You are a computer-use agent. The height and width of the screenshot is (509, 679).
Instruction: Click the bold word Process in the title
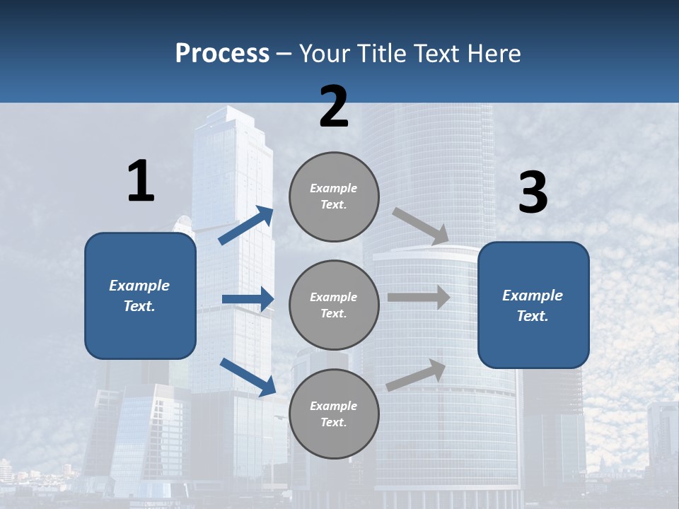pyautogui.click(x=222, y=53)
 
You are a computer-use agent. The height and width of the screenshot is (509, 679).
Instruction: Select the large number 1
pyautogui.click(x=141, y=181)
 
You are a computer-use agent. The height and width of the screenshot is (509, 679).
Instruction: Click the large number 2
pyautogui.click(x=334, y=107)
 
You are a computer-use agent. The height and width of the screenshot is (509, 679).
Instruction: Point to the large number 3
pyautogui.click(x=533, y=193)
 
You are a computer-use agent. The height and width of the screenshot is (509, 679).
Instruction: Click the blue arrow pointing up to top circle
pyautogui.click(x=247, y=225)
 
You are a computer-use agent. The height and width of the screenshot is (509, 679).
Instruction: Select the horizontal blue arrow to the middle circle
pyautogui.click(x=248, y=299)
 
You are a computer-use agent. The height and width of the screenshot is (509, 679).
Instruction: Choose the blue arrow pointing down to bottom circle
pyautogui.click(x=248, y=376)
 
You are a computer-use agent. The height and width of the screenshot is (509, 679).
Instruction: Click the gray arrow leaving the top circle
pyautogui.click(x=422, y=226)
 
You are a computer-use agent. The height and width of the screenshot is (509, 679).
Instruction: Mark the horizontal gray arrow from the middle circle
pyautogui.click(x=419, y=297)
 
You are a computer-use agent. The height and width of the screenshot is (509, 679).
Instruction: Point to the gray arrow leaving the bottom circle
pyautogui.click(x=417, y=375)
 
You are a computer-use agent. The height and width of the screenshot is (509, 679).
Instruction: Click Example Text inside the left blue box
pyautogui.click(x=139, y=296)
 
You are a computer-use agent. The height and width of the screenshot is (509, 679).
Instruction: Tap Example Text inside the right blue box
pyautogui.click(x=533, y=305)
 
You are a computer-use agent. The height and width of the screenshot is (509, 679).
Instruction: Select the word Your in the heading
pyautogui.click(x=323, y=53)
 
